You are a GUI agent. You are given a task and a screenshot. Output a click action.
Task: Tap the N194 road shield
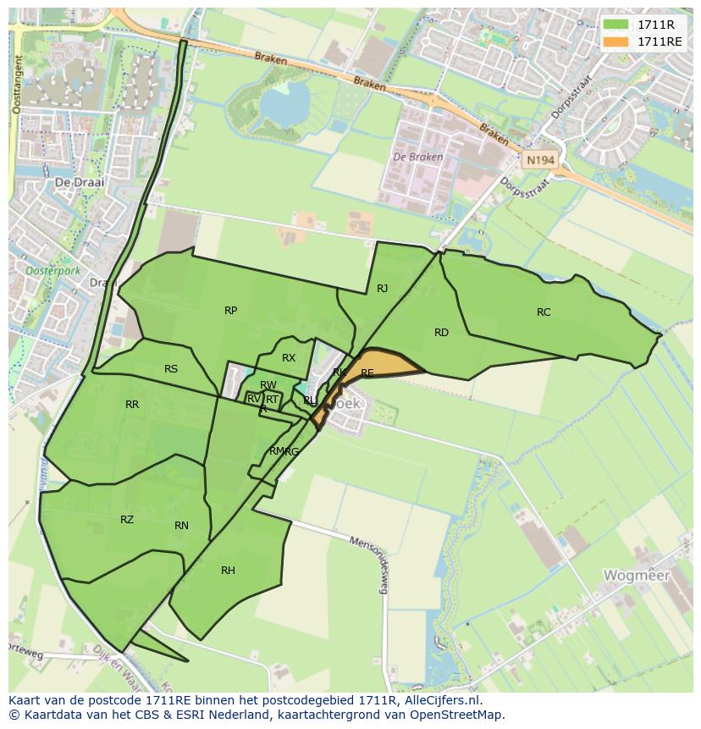point(539,159)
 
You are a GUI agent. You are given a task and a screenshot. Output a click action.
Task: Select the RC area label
point(544,312)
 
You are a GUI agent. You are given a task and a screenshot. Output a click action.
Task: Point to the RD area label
point(441,333)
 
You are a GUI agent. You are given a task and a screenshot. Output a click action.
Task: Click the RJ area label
point(382,289)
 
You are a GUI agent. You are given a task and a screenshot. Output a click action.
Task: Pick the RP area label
point(230,311)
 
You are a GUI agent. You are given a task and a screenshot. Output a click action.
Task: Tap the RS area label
point(171,369)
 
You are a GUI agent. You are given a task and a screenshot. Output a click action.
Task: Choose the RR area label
point(132,405)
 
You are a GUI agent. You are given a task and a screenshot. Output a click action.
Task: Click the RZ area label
point(127,520)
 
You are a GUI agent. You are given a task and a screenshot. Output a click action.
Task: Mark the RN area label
point(181,526)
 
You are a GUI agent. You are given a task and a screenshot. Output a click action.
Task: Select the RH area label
point(228,571)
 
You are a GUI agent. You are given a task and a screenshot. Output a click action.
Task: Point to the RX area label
point(289,358)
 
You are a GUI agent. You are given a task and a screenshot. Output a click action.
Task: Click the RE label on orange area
point(367,373)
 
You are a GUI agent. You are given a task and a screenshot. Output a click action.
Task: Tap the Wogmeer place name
point(636,576)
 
